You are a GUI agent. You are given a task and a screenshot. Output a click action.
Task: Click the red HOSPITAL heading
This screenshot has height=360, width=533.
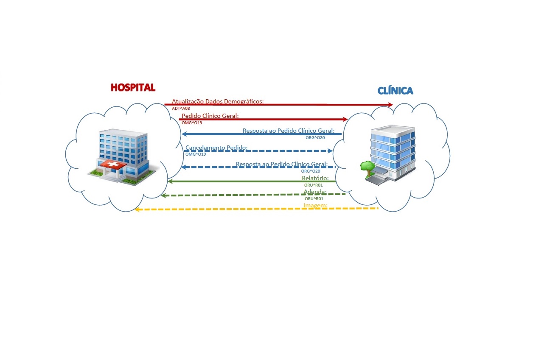click(x=133, y=87)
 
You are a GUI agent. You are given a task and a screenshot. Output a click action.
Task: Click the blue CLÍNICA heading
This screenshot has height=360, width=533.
click(x=395, y=90)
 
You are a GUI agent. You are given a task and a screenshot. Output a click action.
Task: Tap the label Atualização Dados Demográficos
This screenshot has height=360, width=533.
click(x=218, y=101)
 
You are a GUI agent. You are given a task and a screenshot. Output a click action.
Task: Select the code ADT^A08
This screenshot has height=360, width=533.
click(x=181, y=109)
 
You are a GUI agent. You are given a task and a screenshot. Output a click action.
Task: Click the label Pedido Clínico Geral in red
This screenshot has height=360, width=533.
click(x=210, y=116)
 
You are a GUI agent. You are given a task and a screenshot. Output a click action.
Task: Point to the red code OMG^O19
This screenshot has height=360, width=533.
click(x=191, y=123)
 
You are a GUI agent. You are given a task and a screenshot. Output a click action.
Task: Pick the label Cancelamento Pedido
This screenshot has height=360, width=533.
click(x=216, y=148)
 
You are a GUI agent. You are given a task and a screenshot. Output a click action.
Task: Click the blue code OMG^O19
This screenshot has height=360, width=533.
click(x=196, y=154)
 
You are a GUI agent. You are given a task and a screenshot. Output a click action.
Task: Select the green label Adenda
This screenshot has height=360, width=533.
click(x=315, y=191)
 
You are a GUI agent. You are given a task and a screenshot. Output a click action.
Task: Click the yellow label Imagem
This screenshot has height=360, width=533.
click(x=315, y=206)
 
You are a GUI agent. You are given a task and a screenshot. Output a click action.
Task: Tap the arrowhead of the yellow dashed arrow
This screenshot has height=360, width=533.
click(x=137, y=210)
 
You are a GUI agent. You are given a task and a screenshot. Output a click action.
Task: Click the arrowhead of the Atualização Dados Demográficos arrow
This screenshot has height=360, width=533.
click(x=390, y=105)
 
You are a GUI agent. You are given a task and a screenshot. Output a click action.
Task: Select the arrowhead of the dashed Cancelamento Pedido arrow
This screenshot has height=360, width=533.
click(x=330, y=151)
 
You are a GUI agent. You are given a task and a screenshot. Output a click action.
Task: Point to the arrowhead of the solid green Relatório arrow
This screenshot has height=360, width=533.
click(x=170, y=181)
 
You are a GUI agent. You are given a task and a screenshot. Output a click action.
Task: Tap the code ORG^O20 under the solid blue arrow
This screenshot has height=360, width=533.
click(x=315, y=137)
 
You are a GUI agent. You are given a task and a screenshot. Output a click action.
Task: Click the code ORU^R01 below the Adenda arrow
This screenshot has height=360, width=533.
click(x=314, y=198)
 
